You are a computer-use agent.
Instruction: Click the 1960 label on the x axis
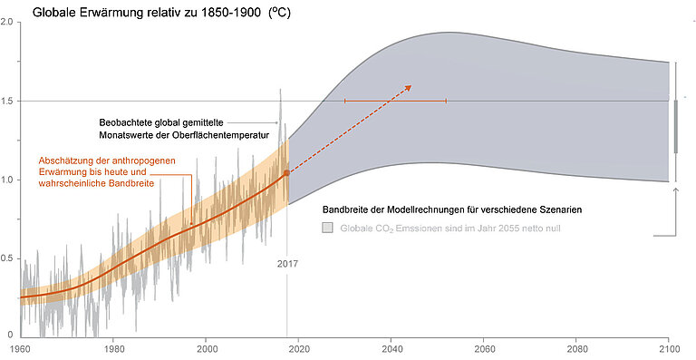click(x=19, y=347)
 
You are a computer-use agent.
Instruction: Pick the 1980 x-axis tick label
click(x=113, y=347)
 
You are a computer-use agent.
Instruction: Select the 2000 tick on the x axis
click(x=207, y=347)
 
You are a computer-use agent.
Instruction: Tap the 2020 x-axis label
click(x=299, y=347)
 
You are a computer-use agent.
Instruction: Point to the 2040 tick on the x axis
click(x=391, y=347)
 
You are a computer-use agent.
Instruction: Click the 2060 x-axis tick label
click(x=485, y=347)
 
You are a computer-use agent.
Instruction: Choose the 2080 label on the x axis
click(x=577, y=347)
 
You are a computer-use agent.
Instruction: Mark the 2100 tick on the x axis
click(x=669, y=347)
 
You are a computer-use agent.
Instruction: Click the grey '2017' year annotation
click(x=287, y=264)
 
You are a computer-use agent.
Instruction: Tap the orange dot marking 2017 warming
click(x=287, y=172)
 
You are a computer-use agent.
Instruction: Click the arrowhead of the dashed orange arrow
click(x=409, y=87)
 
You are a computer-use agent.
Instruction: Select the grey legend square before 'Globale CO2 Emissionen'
click(x=328, y=229)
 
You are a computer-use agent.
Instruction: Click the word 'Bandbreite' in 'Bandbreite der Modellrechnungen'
click(x=349, y=209)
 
